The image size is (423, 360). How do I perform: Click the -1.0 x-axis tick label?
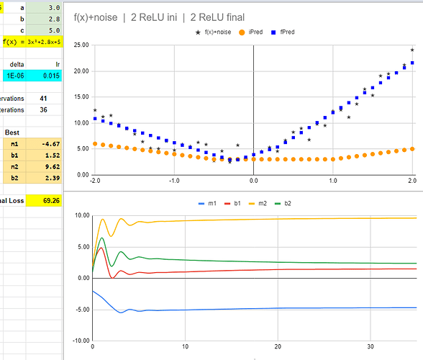pos(173,181)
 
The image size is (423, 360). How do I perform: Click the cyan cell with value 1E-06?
pos(14,76)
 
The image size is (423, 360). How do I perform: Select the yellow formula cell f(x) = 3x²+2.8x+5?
pos(33,41)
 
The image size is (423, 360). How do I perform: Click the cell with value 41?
pos(43,98)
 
